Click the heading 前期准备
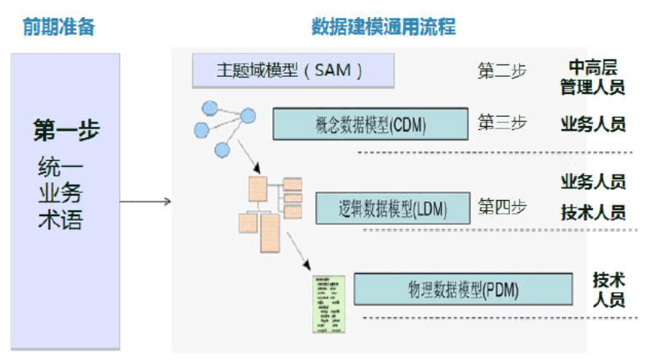58,27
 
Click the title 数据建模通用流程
383,27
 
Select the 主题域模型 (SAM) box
293,71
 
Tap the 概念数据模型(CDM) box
371,124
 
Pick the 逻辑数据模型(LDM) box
392,208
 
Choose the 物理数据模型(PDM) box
463,289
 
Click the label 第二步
502,71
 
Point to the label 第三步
502,123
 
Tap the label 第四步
502,207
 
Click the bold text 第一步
66,130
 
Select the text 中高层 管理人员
592,77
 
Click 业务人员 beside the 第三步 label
593,124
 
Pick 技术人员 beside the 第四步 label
593,212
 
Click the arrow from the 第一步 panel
145,203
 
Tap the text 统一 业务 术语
61,194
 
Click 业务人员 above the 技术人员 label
593,182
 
